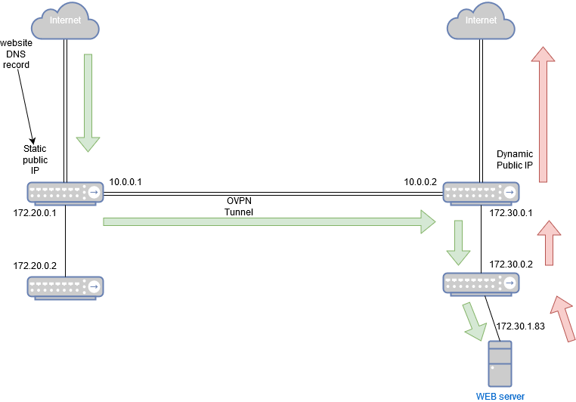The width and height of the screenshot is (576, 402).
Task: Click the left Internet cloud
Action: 66,21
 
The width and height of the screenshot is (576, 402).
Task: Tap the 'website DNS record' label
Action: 17,54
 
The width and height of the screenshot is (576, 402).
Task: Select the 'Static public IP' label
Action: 35,160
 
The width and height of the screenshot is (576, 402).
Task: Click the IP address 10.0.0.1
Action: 125,182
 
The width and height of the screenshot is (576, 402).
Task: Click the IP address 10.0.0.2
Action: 420,182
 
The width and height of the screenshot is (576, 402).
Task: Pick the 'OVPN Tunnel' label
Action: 239,207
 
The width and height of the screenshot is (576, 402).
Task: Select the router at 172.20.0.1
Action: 66,193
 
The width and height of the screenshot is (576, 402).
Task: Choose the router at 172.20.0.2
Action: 66,287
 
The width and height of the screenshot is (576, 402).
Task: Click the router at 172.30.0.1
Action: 481,193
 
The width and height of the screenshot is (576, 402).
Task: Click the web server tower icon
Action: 500,363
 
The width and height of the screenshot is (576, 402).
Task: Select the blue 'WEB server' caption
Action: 500,395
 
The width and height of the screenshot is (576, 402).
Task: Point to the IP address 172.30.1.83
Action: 521,326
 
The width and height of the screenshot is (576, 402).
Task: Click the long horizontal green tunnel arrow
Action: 268,221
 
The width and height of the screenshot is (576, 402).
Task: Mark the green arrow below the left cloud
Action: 88,102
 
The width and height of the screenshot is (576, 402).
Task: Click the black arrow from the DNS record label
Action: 25,106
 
